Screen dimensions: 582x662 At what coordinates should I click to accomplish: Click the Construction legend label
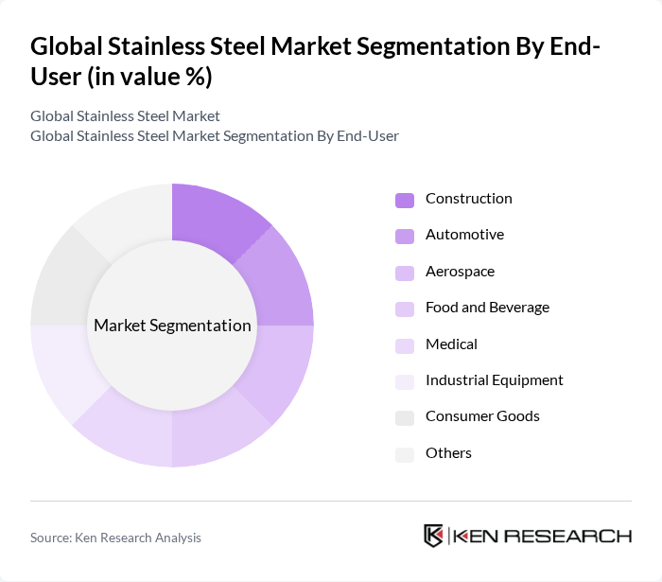(x=468, y=199)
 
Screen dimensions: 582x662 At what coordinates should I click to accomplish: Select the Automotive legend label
(x=464, y=235)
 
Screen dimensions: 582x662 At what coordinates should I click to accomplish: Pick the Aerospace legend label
(x=460, y=272)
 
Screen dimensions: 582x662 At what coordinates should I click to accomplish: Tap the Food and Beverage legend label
(x=487, y=308)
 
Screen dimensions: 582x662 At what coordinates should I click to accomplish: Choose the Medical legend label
(x=451, y=344)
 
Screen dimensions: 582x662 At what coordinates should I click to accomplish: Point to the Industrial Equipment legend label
(x=494, y=380)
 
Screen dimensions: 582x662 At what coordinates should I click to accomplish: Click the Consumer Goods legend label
(x=482, y=416)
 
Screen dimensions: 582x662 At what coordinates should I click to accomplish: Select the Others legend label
(x=448, y=453)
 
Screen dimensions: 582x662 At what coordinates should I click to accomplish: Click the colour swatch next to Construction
(x=405, y=200)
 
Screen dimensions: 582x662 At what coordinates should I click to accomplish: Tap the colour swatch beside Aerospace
(x=405, y=273)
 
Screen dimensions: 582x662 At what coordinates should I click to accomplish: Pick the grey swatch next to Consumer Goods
(x=405, y=417)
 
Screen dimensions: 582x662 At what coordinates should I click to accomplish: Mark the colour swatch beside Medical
(x=405, y=345)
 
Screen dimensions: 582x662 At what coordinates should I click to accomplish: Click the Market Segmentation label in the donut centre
(x=172, y=326)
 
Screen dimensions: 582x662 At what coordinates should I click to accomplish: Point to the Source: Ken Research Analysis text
(x=115, y=538)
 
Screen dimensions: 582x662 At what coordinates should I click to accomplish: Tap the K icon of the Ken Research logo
(x=434, y=536)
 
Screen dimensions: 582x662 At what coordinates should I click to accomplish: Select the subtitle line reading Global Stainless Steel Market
(x=125, y=115)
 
